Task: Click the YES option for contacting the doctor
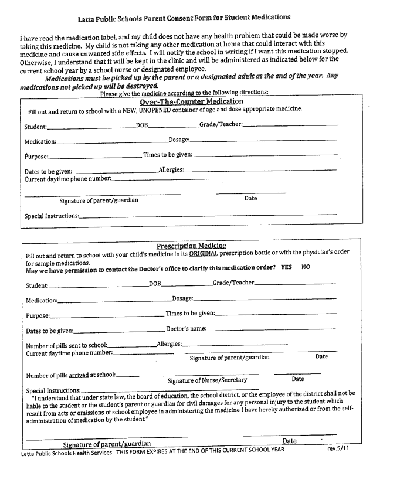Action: (286, 267)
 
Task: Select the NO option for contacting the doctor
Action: (306, 267)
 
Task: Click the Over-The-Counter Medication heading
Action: (191, 101)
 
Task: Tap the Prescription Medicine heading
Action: (191, 246)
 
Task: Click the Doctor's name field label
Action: (186, 329)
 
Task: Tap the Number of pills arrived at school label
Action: (70, 375)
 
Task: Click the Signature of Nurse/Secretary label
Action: (207, 380)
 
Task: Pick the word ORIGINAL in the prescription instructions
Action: (204, 253)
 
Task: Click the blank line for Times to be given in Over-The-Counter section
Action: (265, 155)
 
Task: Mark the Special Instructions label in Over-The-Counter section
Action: (52, 216)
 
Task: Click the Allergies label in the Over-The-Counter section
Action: (171, 170)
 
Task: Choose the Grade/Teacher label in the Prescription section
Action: (233, 283)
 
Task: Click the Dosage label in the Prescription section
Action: (182, 299)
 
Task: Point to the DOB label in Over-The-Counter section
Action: (142, 125)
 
